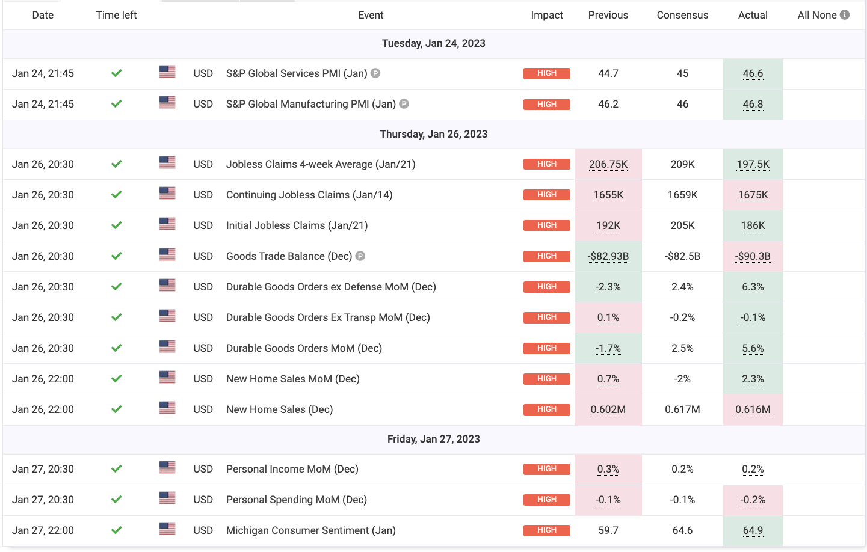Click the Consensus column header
[x=682, y=15]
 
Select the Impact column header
[x=546, y=15]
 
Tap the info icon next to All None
[x=845, y=15]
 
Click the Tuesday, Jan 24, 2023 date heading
[x=433, y=43]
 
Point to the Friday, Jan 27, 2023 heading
[x=433, y=439]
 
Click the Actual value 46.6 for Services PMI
[x=753, y=73]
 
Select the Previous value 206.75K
[x=608, y=164]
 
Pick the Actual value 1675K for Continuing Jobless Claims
[x=753, y=195]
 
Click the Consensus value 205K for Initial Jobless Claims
[x=682, y=225]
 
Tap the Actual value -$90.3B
[x=753, y=256]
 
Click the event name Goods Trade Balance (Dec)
[x=289, y=256]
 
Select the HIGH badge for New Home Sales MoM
[x=546, y=379]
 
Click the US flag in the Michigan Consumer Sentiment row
[x=167, y=529]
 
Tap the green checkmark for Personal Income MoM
[x=117, y=469]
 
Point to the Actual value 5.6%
[x=753, y=348]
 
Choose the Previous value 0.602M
[x=608, y=409]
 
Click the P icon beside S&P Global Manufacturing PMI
[x=404, y=104]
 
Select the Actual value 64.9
[x=753, y=530]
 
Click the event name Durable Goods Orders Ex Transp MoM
[x=328, y=317]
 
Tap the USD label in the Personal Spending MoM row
[x=203, y=500]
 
